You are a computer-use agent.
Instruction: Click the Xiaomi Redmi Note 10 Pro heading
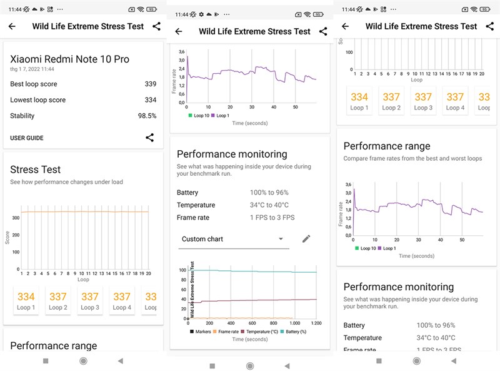[x=69, y=59]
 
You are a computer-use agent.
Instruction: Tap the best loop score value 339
[x=150, y=84]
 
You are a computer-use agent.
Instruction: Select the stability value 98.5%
[x=147, y=116]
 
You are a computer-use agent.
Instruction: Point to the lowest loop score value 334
[x=150, y=100]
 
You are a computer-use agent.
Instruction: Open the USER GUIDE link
[x=27, y=138]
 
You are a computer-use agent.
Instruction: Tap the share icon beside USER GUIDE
[x=150, y=138]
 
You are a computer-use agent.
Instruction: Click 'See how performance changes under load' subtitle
[x=66, y=182]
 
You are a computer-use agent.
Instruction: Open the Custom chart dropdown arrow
[x=281, y=239]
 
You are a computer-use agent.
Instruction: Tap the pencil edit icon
[x=306, y=239]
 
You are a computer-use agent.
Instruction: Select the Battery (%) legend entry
[x=302, y=332]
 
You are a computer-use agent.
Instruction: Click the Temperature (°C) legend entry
[x=262, y=332]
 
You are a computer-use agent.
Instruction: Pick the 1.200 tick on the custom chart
[x=316, y=323]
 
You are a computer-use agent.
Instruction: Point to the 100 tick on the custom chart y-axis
[x=183, y=270]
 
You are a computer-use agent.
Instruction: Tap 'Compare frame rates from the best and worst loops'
[x=412, y=159]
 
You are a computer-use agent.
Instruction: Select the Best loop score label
[x=34, y=84]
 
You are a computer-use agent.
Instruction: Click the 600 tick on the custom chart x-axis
[x=252, y=323]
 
